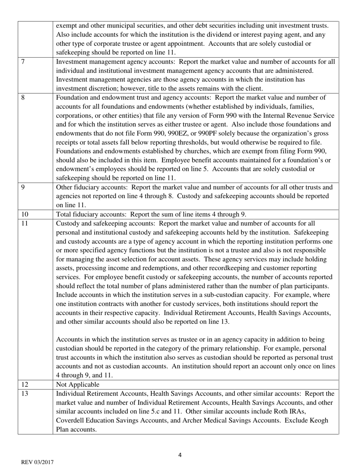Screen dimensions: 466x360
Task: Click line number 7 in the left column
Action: pyautogui.click(x=23, y=61)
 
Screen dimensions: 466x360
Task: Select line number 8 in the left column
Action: pyautogui.click(x=23, y=97)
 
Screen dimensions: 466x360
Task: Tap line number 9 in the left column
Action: pyautogui.click(x=23, y=187)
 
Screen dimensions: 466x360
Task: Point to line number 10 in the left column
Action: pyautogui.click(x=25, y=214)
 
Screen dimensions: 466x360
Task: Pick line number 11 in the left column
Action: pyautogui.click(x=25, y=223)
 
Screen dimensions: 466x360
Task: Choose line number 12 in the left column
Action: pyautogui.click(x=25, y=385)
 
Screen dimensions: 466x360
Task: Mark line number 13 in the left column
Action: pyautogui.click(x=25, y=394)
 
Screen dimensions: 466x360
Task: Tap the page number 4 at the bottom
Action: pyautogui.click(x=180, y=455)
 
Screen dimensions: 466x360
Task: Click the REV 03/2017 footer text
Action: pyautogui.click(x=37, y=462)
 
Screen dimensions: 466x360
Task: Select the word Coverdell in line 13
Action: pyautogui.click(x=70, y=421)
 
